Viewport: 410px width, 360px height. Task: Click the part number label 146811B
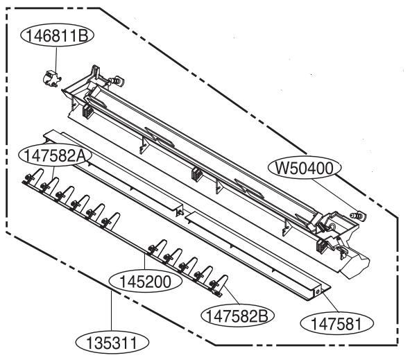[x=56, y=36]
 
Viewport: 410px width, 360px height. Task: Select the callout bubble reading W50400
[x=305, y=168]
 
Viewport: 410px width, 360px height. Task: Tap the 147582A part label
[x=55, y=156]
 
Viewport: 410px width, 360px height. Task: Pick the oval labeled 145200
[x=145, y=282]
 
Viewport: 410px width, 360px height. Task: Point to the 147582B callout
[x=237, y=316]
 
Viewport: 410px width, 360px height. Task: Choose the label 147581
[x=336, y=324]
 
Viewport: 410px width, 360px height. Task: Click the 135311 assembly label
[x=112, y=343]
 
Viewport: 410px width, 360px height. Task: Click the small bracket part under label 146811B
[x=51, y=78]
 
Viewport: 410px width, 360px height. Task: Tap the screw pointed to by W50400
[x=358, y=215]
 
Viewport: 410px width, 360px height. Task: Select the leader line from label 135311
[x=112, y=311]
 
